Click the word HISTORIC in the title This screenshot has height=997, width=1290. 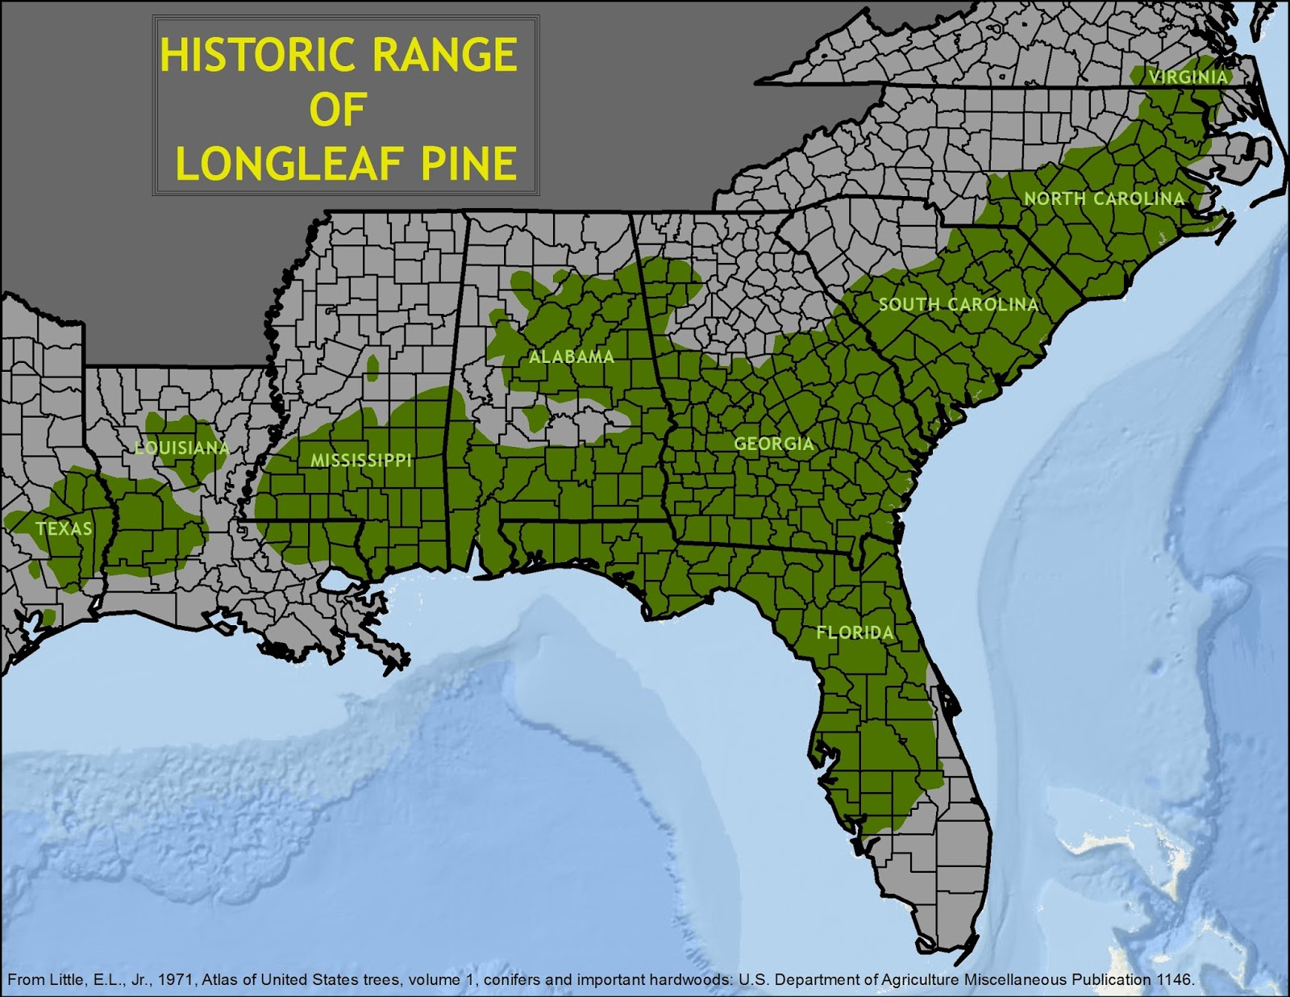253,56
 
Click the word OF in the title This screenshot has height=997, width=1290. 337,111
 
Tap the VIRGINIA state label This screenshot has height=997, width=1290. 1188,77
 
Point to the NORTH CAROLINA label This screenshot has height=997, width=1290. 1104,198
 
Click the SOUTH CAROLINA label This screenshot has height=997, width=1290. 958,305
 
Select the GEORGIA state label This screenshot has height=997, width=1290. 773,444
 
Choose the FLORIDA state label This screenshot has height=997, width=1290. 855,632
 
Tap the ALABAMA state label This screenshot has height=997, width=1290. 571,357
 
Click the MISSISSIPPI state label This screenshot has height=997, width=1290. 361,461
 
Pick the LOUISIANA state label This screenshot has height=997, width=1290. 181,448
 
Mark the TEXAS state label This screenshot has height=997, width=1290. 64,529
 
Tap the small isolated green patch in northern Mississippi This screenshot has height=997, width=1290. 372,367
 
